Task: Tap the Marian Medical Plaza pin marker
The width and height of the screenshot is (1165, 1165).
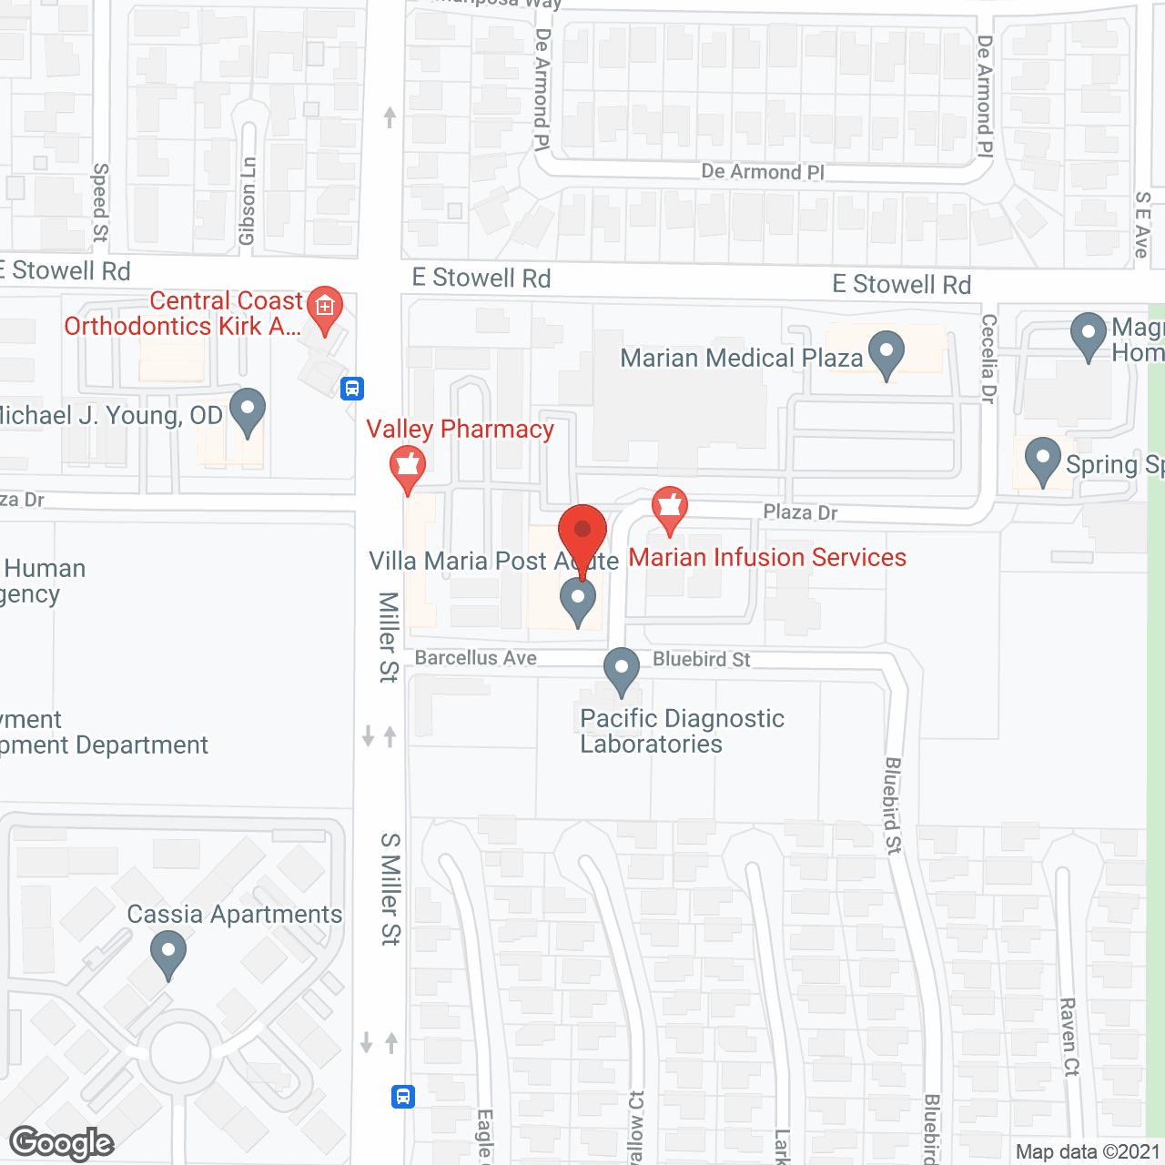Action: (886, 353)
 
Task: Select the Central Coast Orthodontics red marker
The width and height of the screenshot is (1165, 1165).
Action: (324, 308)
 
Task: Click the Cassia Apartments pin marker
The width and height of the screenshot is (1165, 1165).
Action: (167, 955)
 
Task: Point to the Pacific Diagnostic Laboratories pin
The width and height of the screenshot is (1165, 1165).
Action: (622, 670)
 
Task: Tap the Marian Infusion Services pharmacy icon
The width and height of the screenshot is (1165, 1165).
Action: (670, 508)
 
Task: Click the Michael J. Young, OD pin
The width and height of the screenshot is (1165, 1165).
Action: (247, 410)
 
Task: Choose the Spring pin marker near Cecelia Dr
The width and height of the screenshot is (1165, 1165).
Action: (1042, 460)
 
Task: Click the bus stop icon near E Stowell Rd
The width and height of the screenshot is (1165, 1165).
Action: (352, 389)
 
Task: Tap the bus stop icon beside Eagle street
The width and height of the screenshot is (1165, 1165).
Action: (403, 1096)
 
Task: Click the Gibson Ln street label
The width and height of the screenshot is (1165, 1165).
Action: (248, 201)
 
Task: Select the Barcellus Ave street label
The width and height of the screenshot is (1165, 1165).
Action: (475, 658)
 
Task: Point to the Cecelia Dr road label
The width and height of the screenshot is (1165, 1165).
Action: (989, 359)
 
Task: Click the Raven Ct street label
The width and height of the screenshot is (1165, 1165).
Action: (1069, 1037)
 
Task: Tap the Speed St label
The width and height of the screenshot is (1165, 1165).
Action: (100, 202)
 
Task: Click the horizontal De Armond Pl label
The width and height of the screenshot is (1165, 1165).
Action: (763, 172)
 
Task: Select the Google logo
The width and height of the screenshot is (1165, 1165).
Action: (62, 1143)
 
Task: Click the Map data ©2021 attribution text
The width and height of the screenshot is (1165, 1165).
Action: (1088, 1152)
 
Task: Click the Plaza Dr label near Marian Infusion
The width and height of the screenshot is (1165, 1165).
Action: (800, 512)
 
